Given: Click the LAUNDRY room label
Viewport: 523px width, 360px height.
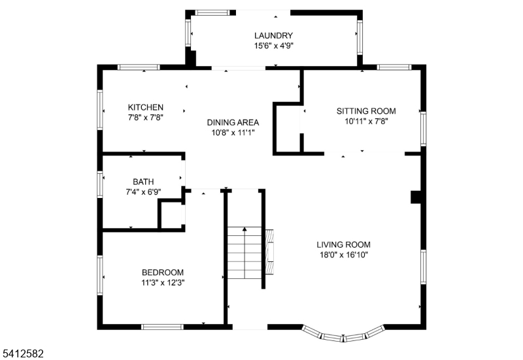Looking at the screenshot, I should pos(273,36).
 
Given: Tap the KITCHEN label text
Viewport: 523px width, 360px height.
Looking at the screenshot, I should pos(146,107).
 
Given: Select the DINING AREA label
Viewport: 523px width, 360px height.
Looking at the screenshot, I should pos(233,122).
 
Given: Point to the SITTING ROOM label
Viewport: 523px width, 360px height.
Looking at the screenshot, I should pos(366,111).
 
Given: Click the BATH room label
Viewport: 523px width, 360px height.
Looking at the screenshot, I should pos(143,182).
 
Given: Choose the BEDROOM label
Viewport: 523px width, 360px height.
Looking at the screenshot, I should pos(163,272).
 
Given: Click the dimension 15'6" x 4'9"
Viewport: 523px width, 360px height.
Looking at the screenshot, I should pos(273,46).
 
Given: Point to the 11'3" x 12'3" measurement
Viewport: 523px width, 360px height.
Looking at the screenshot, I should pos(163,283).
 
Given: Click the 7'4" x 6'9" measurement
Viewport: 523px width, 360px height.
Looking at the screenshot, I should pos(143,192).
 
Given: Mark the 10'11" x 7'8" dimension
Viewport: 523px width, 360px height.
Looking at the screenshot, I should pos(366,121).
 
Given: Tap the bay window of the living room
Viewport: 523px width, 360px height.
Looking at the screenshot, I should pos(344,335).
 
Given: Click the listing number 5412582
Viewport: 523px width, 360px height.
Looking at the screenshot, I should pos(23,353).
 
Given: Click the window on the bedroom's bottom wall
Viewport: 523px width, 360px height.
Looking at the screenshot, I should pos(162,327).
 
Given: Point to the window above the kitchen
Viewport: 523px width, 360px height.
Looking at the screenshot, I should pos(138,67).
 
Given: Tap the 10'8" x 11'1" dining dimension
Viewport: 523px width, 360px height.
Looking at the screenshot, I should pos(233,132).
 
